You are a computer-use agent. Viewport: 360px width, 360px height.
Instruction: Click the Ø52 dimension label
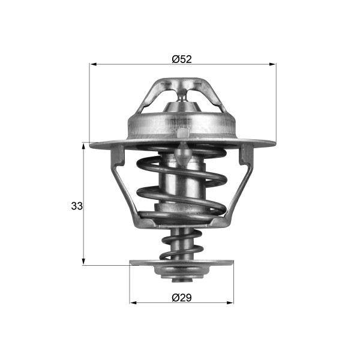click(182, 59)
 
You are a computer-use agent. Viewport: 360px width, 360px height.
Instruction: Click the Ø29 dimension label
click(182, 298)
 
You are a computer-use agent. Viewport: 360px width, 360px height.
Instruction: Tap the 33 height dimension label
click(77, 206)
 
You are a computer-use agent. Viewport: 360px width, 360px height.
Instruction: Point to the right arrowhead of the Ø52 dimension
click(272, 64)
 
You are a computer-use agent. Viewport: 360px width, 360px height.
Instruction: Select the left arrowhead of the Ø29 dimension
click(133, 302)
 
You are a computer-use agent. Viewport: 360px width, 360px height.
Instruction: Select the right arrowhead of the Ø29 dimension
click(230, 302)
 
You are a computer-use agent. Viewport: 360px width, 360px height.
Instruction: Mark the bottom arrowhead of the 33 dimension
click(83, 261)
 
